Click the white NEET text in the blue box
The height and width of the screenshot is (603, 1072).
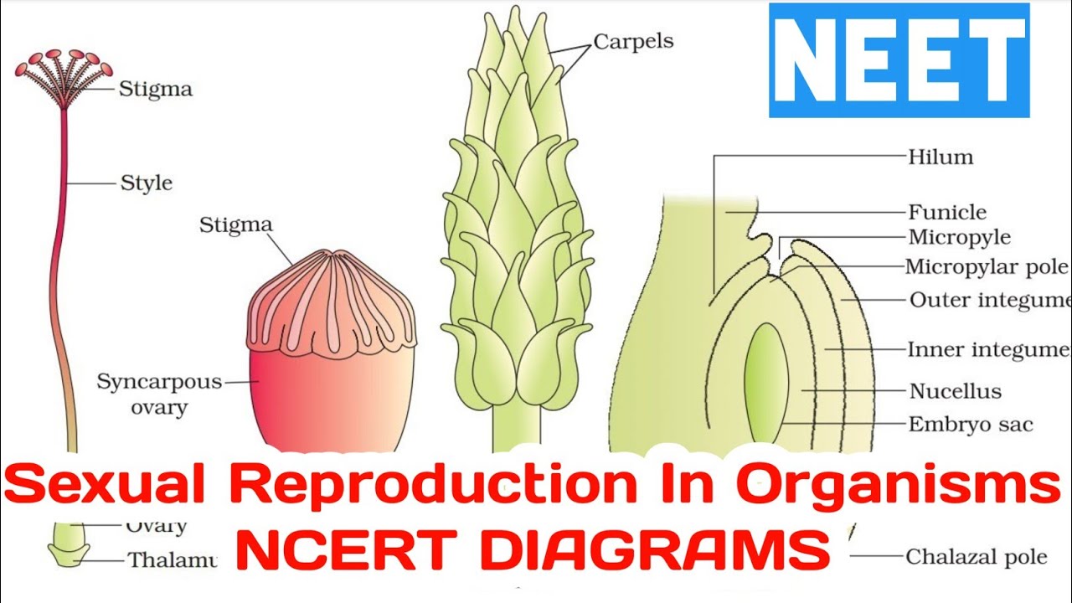(899, 61)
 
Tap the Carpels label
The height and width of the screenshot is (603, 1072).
(632, 40)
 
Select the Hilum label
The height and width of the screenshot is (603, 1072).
(941, 157)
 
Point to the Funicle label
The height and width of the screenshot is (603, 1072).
(947, 213)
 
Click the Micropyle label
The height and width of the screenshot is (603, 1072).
(959, 238)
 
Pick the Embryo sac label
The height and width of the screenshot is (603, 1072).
(971, 425)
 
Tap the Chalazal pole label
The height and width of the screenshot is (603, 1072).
(976, 556)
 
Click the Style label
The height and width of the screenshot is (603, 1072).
(147, 183)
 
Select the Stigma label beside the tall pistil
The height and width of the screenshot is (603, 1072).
(155, 89)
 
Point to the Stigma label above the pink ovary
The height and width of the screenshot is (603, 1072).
(235, 224)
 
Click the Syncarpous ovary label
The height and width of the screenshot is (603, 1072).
(159, 394)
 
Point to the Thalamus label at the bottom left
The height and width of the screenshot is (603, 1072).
(172, 559)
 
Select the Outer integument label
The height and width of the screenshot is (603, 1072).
(988, 300)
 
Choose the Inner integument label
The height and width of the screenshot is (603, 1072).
(988, 350)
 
